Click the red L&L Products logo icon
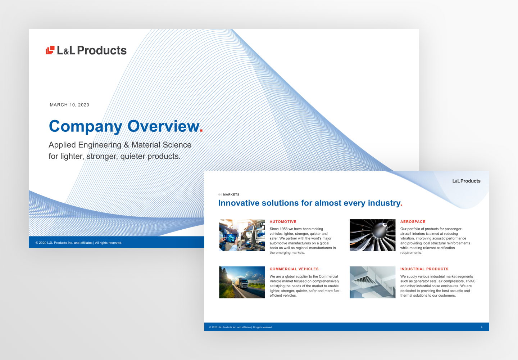[50, 50]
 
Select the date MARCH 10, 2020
[69, 105]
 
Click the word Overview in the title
[163, 126]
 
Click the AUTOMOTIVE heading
[283, 222]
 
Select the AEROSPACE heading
[413, 222]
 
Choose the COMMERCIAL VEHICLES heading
[294, 269]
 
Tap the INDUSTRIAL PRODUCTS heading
[424, 269]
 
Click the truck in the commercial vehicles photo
[241, 283]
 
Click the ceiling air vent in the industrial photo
[365, 280]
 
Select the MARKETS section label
[231, 194]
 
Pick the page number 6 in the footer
[482, 327]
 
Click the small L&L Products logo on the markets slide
[466, 181]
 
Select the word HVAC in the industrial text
[471, 281]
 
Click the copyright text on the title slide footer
[79, 243]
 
